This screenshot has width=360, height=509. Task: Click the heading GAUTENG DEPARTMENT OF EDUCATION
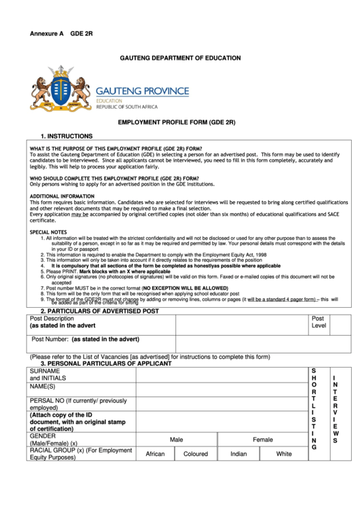pos(180,58)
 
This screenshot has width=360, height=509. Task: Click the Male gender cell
pos(176,440)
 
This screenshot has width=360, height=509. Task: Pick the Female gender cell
pos(262,440)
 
